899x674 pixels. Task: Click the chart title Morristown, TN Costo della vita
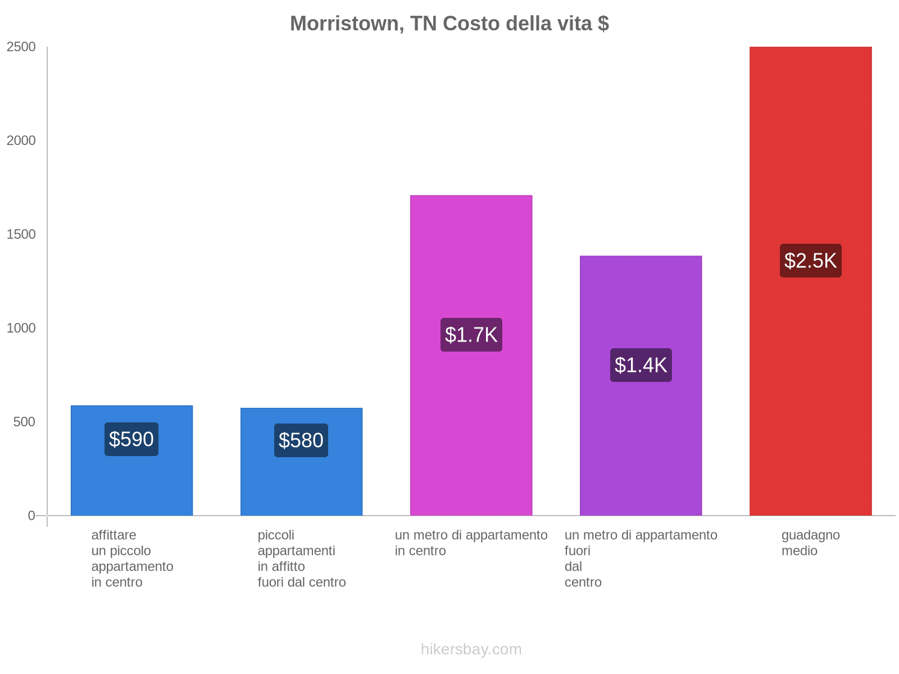pyautogui.click(x=449, y=24)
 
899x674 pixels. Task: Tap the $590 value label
pyautogui.click(x=131, y=439)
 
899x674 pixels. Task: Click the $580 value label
pyautogui.click(x=301, y=440)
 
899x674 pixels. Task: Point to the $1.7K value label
pyautogui.click(x=471, y=335)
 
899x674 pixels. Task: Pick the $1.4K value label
pyautogui.click(x=641, y=365)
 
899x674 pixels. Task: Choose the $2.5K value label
pyautogui.click(x=810, y=261)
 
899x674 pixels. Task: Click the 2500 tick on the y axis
pyautogui.click(x=21, y=47)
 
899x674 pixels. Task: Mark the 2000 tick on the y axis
pyautogui.click(x=21, y=141)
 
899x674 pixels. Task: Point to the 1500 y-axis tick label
pyautogui.click(x=21, y=235)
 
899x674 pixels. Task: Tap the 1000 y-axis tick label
pyautogui.click(x=21, y=329)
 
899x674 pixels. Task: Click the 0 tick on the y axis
pyautogui.click(x=31, y=516)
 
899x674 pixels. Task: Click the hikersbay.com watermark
pyautogui.click(x=471, y=649)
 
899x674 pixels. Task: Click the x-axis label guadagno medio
pyautogui.click(x=810, y=543)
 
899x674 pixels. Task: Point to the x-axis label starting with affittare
pyautogui.click(x=132, y=558)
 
